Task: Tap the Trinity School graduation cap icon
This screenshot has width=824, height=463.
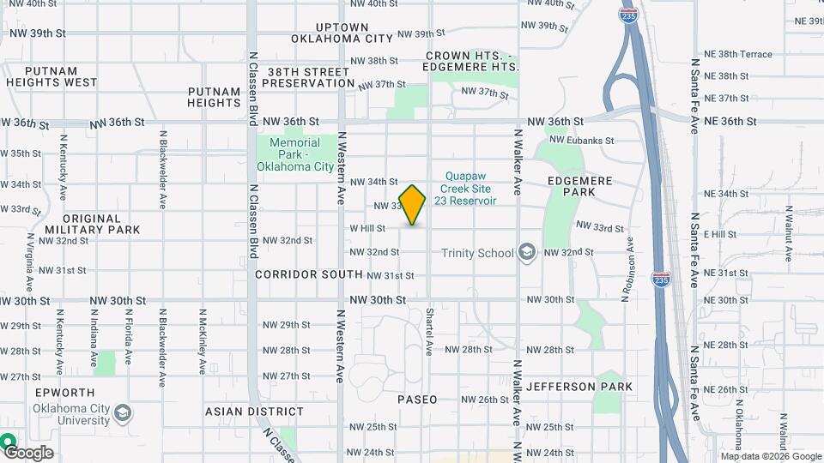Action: pyautogui.click(x=527, y=252)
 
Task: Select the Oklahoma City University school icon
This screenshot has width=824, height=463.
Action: pyautogui.click(x=123, y=414)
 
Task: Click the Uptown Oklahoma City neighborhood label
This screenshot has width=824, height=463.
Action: pyautogui.click(x=342, y=33)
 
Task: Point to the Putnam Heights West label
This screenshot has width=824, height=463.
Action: pyautogui.click(x=51, y=76)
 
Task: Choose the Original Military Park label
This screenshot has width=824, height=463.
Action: pyautogui.click(x=92, y=224)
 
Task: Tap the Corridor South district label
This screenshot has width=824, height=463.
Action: pyautogui.click(x=309, y=274)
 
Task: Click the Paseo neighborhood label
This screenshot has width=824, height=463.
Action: pyautogui.click(x=417, y=400)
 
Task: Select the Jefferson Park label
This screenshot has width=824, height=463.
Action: pyautogui.click(x=579, y=387)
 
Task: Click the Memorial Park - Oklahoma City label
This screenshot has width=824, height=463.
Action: pyautogui.click(x=294, y=154)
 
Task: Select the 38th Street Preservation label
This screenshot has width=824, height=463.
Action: pyautogui.click(x=310, y=77)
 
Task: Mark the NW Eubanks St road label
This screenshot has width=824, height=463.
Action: pyautogui.click(x=581, y=140)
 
